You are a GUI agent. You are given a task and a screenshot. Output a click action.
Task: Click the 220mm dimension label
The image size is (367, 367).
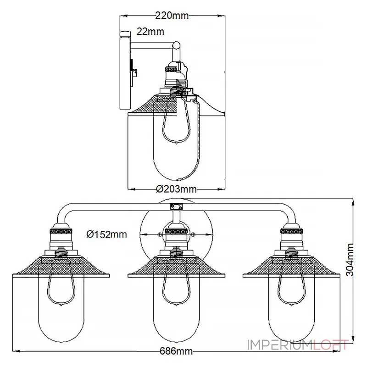172,16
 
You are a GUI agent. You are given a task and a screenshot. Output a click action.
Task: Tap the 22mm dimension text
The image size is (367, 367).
150,31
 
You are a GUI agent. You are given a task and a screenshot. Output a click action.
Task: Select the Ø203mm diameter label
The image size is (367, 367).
176,189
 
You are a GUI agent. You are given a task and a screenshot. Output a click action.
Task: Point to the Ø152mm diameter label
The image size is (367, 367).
106,234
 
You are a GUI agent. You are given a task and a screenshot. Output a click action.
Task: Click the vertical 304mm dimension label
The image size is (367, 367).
350,260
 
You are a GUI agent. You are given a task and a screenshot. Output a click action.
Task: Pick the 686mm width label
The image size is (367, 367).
176,351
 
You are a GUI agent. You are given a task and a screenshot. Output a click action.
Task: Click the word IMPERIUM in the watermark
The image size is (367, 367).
280,345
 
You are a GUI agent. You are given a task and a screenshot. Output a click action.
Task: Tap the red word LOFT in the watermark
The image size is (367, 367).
331,345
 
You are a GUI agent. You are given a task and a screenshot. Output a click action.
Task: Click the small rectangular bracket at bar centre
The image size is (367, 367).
176,207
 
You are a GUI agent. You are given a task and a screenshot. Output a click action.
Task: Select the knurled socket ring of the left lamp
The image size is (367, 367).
61,231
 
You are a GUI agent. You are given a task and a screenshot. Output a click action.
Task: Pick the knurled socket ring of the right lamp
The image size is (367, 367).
292,231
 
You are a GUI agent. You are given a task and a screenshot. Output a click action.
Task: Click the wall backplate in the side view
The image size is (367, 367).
125,73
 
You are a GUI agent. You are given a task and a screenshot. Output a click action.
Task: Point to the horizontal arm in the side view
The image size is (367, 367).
152,45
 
